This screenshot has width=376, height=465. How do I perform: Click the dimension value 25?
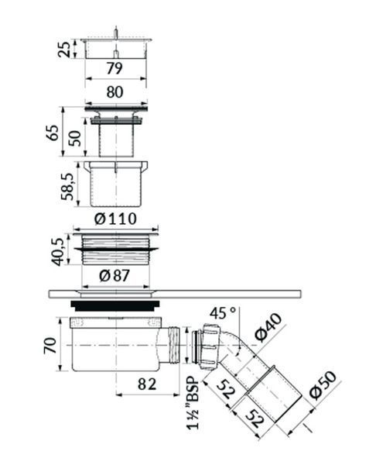click(64, 50)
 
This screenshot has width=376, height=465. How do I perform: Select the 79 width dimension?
click(115, 68)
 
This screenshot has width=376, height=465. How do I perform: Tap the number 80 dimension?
click(115, 92)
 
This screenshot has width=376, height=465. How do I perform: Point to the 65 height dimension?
click(53, 133)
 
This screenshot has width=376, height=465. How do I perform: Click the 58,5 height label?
click(67, 187)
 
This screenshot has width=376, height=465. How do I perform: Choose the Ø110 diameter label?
click(115, 219)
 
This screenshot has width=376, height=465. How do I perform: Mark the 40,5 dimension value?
click(56, 252)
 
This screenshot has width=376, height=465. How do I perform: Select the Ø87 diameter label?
click(115, 276)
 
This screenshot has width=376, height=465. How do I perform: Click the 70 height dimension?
click(50, 346)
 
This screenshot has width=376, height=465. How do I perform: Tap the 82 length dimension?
click(147, 384)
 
